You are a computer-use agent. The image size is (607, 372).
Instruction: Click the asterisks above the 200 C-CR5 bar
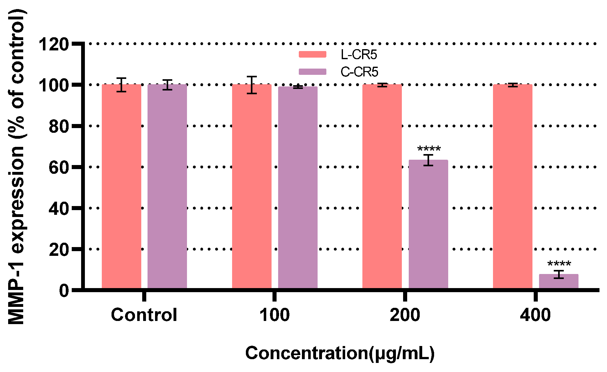[x=429, y=149]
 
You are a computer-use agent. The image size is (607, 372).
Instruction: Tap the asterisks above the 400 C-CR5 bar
[x=559, y=264]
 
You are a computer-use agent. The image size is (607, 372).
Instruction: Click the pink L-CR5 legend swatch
[x=312, y=54]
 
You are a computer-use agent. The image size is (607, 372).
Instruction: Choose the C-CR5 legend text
[x=359, y=72]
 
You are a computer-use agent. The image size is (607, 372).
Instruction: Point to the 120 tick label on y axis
[x=53, y=44]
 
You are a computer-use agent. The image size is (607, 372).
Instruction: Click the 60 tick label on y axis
[x=59, y=168]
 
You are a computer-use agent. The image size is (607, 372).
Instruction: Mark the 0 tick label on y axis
[x=64, y=290]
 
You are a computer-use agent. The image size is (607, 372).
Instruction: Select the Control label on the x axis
[x=144, y=315]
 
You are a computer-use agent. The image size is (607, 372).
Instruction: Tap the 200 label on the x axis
[x=405, y=315]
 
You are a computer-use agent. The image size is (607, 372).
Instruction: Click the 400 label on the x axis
[x=535, y=315]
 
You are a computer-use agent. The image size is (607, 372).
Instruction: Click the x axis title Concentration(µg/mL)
[x=340, y=353]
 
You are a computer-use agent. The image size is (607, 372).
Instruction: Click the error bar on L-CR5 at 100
[x=252, y=85]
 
